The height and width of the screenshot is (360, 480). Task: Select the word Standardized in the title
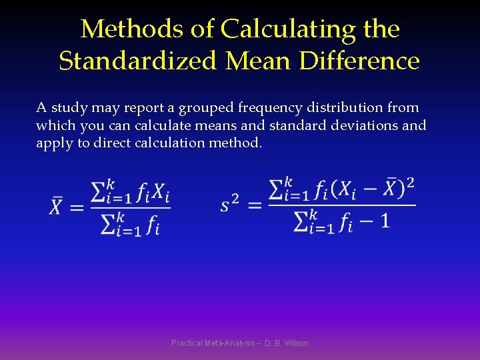[x=138, y=61]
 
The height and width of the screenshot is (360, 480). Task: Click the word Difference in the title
[x=359, y=61]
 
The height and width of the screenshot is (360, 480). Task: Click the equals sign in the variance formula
[x=255, y=205]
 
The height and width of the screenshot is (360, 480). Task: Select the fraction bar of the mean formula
[x=130, y=207]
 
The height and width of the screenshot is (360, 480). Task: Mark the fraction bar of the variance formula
[x=341, y=205]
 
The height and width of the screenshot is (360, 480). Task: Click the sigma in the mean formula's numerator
[x=101, y=191]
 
